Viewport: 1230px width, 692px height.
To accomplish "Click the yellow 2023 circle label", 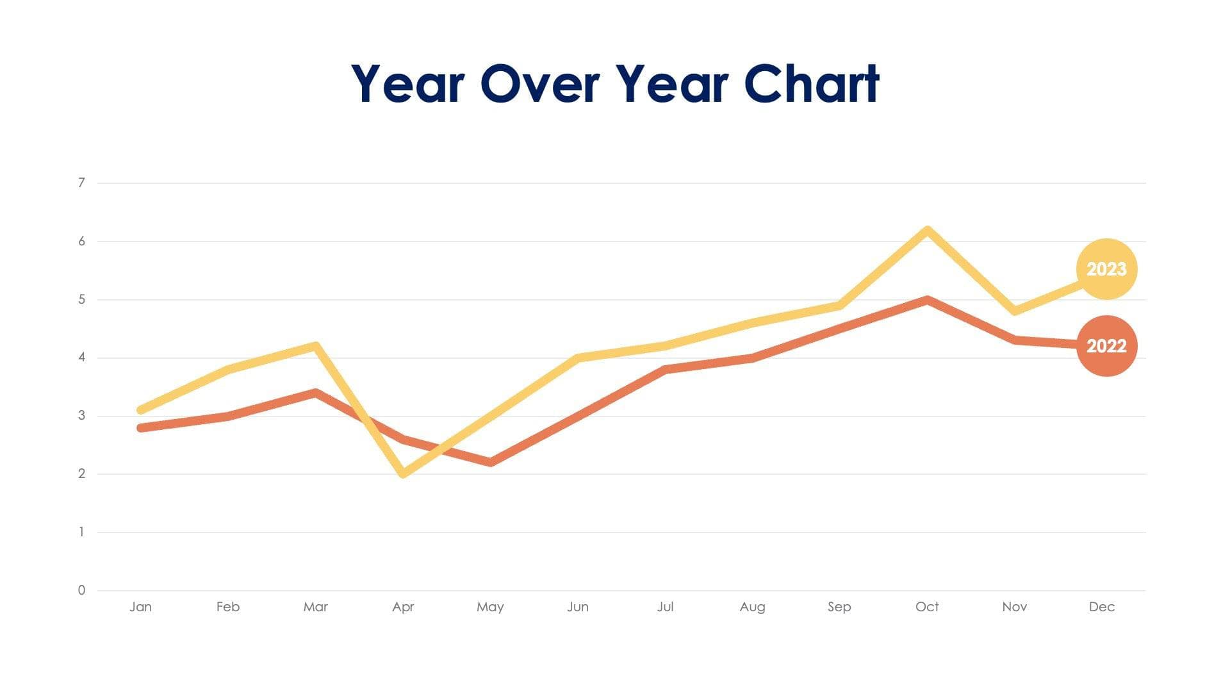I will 1106,269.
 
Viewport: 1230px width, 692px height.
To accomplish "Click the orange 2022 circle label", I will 1106,346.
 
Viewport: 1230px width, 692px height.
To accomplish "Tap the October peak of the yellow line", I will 927,230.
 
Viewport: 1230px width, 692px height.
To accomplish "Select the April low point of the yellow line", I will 403,474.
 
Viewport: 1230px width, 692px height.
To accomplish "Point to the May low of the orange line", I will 491,462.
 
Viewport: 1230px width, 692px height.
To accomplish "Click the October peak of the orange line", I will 927,300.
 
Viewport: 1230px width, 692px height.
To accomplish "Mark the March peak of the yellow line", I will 315,347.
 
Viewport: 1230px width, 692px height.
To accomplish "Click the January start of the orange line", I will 141,427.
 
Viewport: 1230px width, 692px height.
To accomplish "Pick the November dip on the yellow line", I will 1015,311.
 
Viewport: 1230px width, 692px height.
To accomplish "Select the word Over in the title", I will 539,83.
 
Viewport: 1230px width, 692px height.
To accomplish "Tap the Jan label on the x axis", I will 141,607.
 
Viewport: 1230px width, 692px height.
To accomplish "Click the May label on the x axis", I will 490,607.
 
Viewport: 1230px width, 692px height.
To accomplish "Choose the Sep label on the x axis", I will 839,607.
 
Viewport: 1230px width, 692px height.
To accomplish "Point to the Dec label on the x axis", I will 1102,607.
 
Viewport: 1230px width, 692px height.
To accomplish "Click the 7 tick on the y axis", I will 81,183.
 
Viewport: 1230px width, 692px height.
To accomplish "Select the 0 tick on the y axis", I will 81,590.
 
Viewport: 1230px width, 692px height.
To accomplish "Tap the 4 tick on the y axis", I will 81,358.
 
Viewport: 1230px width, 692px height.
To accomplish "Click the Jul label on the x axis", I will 665,607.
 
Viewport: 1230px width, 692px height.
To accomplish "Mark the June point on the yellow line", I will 578,358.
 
